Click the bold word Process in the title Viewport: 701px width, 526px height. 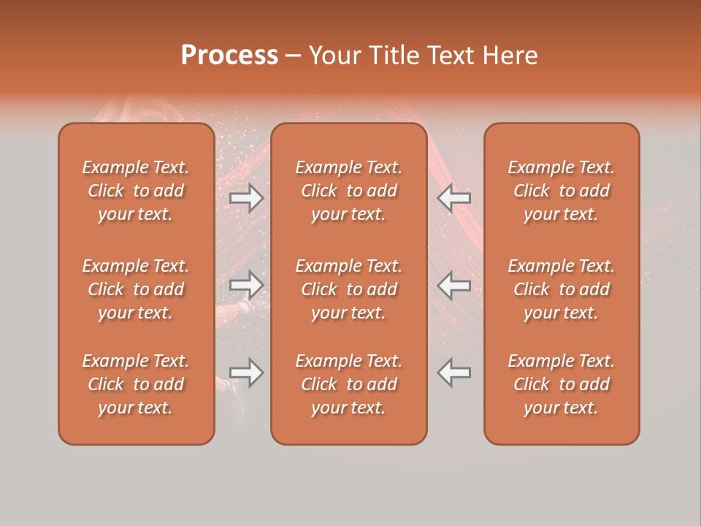tap(229, 56)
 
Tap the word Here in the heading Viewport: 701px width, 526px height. tap(510, 56)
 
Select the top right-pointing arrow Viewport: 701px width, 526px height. tap(247, 198)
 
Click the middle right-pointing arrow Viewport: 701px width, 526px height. tap(247, 285)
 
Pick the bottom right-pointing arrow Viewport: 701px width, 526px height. tap(247, 373)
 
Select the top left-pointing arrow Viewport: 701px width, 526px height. tap(454, 198)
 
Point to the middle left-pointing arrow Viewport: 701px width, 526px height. tap(454, 285)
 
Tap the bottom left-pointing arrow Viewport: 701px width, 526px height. tap(454, 373)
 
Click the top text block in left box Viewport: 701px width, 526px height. tap(136, 191)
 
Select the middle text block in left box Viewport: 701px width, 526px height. tap(136, 289)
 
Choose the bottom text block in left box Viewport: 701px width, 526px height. tap(136, 384)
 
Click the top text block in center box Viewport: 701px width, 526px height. tap(348, 191)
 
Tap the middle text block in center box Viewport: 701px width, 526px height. tap(348, 289)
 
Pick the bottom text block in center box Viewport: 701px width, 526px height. tap(348, 384)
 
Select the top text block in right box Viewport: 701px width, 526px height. tap(561, 191)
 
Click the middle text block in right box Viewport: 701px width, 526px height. tap(561, 289)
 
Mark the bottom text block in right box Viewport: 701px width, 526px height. tap(561, 384)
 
